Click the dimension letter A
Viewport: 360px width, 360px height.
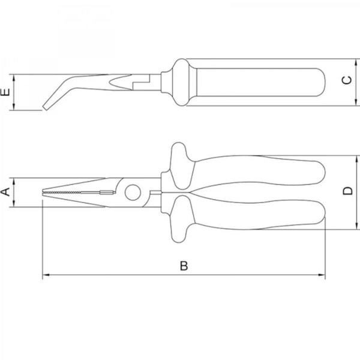(x=6, y=192)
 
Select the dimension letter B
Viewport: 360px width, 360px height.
(x=184, y=266)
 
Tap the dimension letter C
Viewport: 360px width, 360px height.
(x=347, y=80)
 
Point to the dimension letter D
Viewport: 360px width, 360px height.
(x=348, y=191)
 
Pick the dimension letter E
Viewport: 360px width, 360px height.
(x=5, y=92)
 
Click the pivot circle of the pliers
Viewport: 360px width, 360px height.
(x=133, y=193)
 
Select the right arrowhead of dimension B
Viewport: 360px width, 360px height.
(x=322, y=275)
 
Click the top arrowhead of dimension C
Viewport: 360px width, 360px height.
(x=356, y=62)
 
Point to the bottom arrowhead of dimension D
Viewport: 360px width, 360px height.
(x=357, y=226)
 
